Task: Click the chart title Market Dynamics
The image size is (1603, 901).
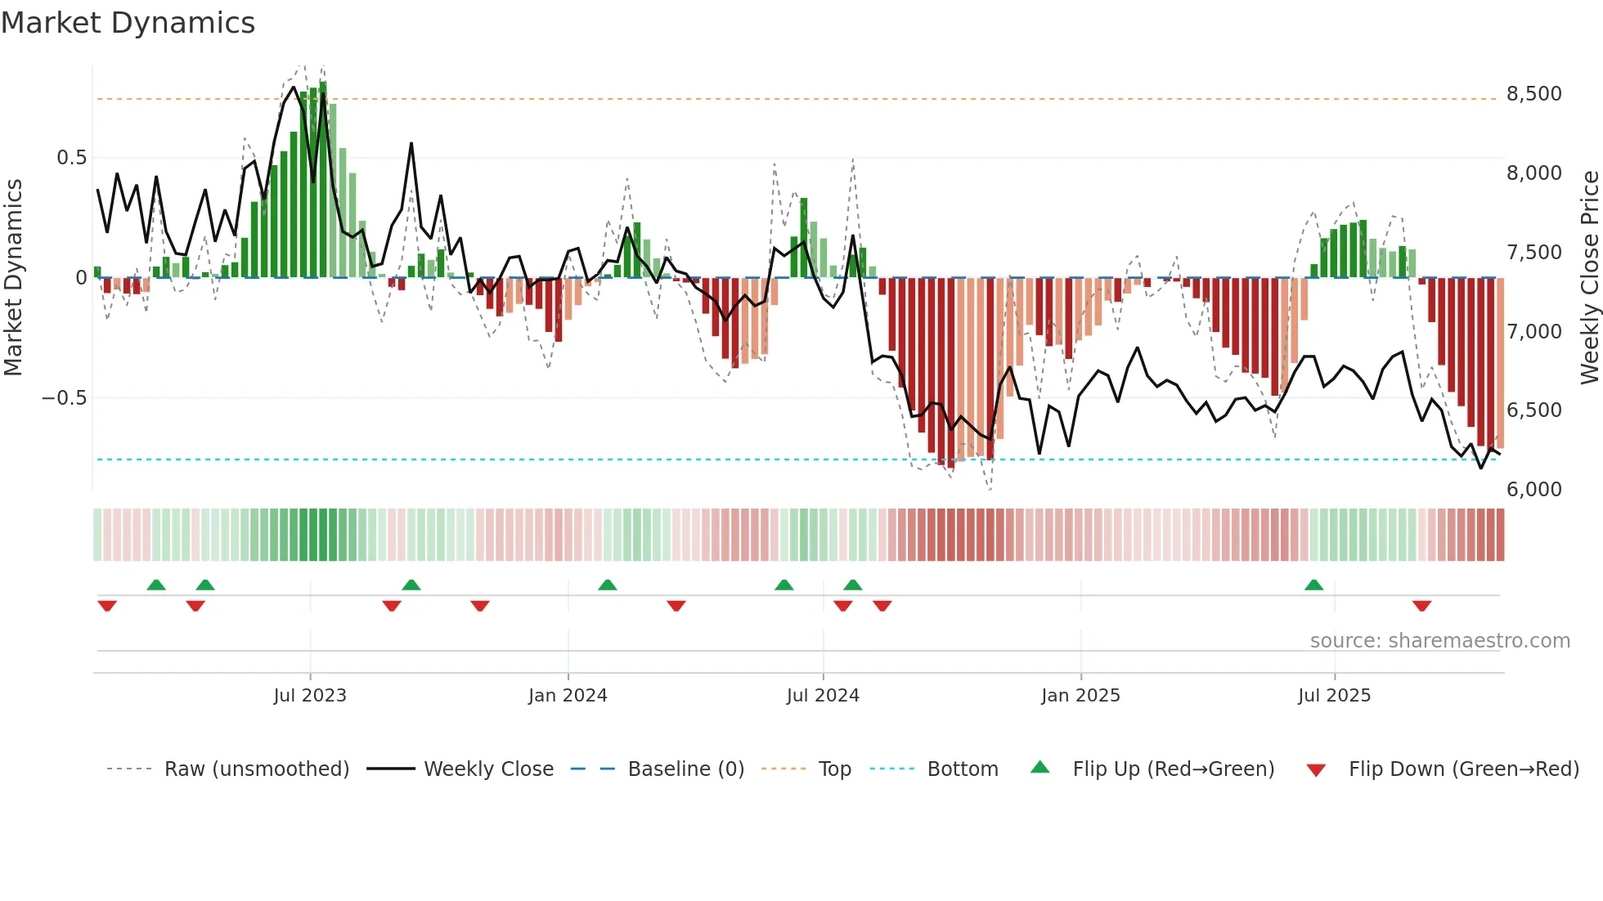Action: (x=128, y=23)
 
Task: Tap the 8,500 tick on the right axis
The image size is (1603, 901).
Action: (x=1533, y=94)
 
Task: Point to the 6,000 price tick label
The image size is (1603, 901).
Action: (x=1533, y=490)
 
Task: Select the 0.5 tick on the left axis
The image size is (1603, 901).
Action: (x=71, y=158)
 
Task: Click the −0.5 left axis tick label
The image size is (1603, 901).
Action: (x=64, y=398)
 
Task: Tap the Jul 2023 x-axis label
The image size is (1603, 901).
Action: (x=310, y=696)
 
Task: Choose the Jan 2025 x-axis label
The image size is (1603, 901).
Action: (x=1080, y=696)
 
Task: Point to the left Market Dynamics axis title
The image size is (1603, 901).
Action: (x=13, y=278)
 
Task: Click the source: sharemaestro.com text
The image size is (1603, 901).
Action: (x=1439, y=641)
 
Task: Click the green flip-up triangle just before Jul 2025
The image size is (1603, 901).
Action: (x=1313, y=585)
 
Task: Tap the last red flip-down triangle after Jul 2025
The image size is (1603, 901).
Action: (x=1421, y=606)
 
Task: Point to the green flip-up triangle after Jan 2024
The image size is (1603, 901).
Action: (x=607, y=585)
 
